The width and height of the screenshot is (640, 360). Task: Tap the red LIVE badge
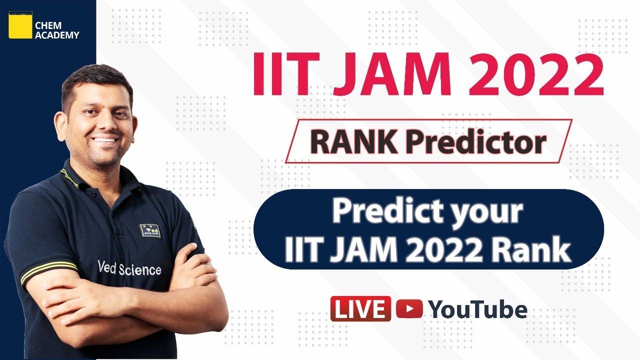coord(360,308)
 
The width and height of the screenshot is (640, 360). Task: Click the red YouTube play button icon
coord(409,308)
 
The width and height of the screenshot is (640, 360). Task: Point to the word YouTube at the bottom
coord(477,309)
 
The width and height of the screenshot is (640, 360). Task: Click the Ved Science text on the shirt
coord(129,268)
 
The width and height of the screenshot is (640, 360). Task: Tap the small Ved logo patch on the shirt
coord(150,230)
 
